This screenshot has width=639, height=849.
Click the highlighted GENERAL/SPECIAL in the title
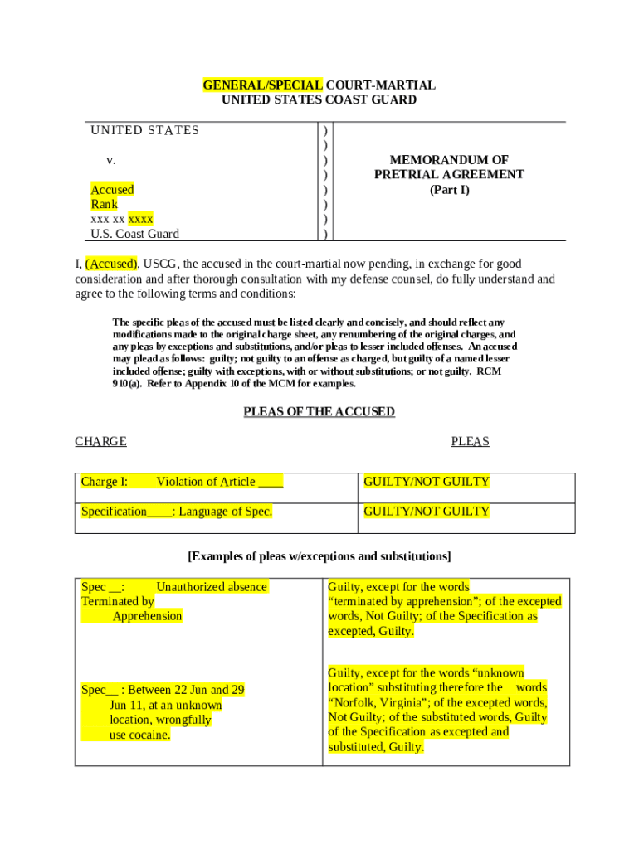pos(263,85)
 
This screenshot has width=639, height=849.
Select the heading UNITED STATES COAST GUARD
pos(319,100)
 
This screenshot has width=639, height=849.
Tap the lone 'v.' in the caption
pos(110,160)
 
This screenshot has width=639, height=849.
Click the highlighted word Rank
pos(105,204)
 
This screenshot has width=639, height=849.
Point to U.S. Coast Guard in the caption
pos(134,234)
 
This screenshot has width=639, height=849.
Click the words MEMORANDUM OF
pos(449,159)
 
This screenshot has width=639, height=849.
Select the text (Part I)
pos(449,190)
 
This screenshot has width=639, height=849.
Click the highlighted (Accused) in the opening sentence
pos(111,264)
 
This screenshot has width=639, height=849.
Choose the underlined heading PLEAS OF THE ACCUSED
pos(319,411)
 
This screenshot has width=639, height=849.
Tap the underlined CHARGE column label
pos(100,441)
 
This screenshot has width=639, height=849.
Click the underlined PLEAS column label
pos(470,441)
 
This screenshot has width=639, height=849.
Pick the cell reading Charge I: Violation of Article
pos(182,482)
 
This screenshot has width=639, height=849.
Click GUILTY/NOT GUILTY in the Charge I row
pos(427,482)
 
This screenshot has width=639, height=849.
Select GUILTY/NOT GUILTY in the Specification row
pos(427,512)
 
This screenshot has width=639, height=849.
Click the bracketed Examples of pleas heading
pos(319,555)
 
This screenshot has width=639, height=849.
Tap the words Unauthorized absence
pos(212,587)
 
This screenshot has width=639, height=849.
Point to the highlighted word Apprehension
pos(147,616)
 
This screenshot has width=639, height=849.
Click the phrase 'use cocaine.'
pos(139,735)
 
